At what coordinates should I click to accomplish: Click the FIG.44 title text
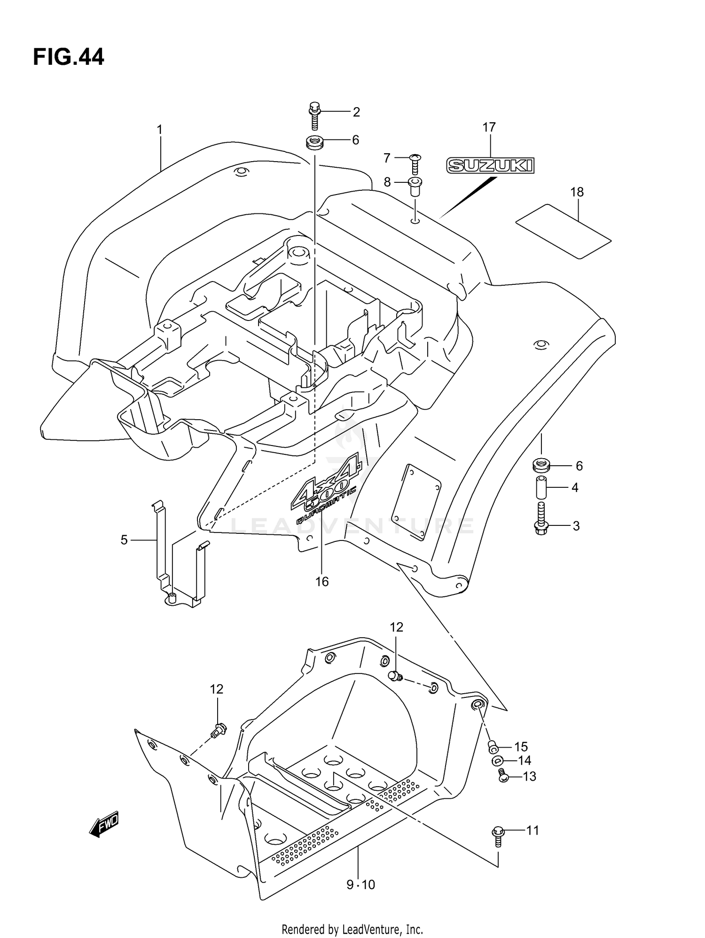coord(69,58)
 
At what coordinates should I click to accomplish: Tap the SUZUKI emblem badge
coord(490,165)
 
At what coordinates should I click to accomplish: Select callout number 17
coord(489,127)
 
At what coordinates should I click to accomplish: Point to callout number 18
coord(577,192)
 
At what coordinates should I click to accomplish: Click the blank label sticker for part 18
coord(564,231)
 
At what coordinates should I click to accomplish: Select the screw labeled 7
coord(415,163)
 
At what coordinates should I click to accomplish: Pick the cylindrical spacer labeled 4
coord(541,488)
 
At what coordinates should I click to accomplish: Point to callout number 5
coord(124,540)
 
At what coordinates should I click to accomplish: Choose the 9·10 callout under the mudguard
coord(360,884)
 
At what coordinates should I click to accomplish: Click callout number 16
coord(321,582)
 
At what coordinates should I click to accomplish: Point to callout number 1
coord(160,129)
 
